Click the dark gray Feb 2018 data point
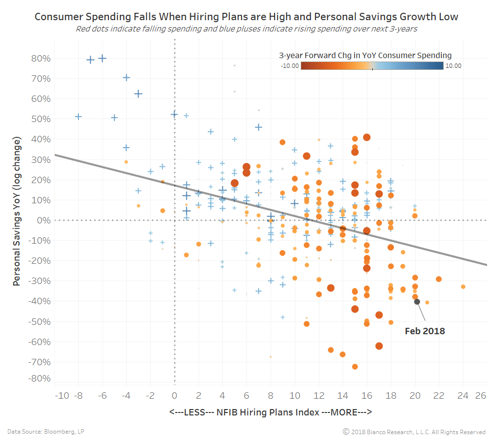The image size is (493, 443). coord(417,302)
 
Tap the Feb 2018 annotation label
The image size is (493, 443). coord(424,331)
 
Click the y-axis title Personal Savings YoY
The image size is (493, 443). coord(17,211)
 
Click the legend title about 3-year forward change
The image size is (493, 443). coord(365,56)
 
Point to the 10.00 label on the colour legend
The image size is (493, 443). coord(454,66)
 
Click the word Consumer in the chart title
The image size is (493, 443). coord(59,17)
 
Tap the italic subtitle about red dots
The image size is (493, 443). coord(246,29)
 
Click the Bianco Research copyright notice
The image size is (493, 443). coord(414,432)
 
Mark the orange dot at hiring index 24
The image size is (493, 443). coord(463,286)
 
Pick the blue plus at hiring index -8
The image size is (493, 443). coord(78,117)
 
